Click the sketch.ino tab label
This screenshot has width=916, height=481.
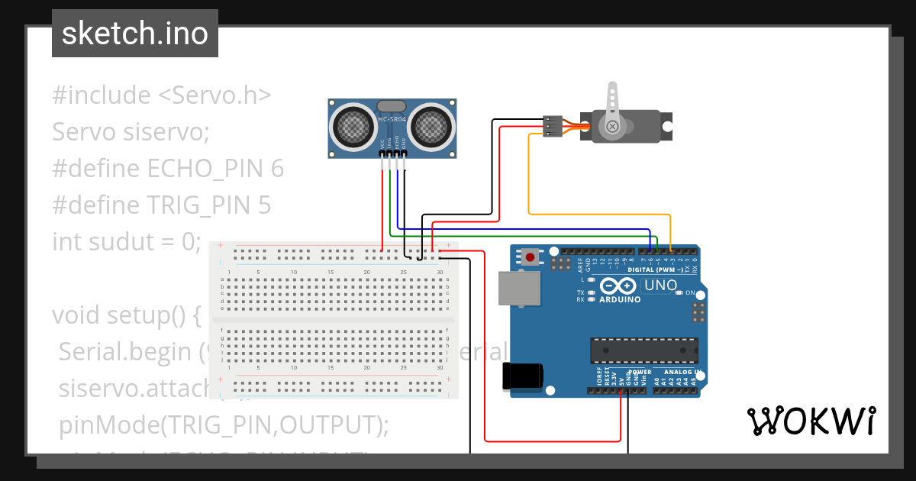(x=135, y=34)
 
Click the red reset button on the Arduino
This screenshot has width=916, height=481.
(x=530, y=257)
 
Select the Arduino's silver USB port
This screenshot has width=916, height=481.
(x=519, y=288)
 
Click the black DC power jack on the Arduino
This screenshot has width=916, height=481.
(x=524, y=376)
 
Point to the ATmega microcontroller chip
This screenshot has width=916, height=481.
(x=643, y=349)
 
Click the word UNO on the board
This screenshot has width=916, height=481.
(x=661, y=286)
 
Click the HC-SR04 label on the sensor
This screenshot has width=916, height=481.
(x=392, y=120)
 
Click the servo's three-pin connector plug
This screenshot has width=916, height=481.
(x=552, y=127)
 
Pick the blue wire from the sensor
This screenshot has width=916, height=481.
(x=527, y=229)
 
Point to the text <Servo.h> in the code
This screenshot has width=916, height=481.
(x=214, y=95)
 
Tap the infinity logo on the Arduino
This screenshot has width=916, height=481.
(x=619, y=286)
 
